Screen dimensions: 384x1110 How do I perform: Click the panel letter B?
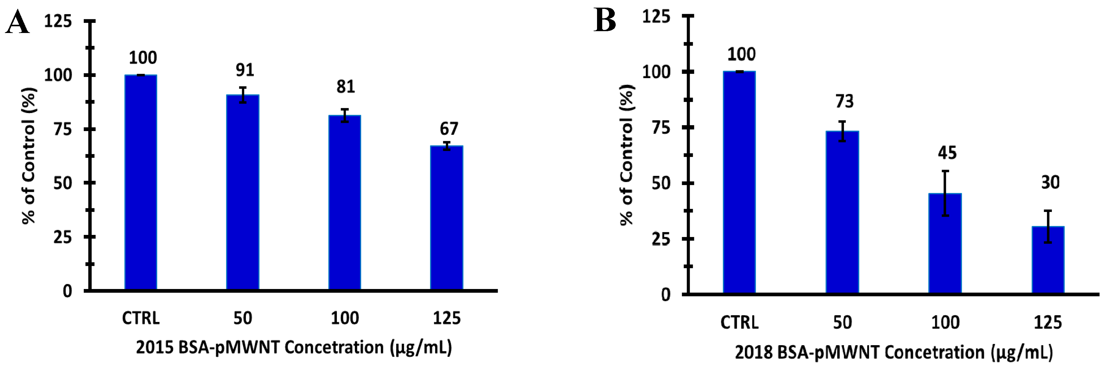(x=605, y=20)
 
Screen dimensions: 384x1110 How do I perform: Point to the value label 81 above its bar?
(x=345, y=87)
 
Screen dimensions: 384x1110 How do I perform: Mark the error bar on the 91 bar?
(x=243, y=95)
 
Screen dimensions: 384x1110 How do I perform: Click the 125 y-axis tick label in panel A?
(x=58, y=21)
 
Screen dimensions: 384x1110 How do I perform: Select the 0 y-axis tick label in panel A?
(x=67, y=291)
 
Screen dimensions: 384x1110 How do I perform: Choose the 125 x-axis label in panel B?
(x=1048, y=322)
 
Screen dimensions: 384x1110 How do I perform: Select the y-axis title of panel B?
(x=627, y=155)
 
